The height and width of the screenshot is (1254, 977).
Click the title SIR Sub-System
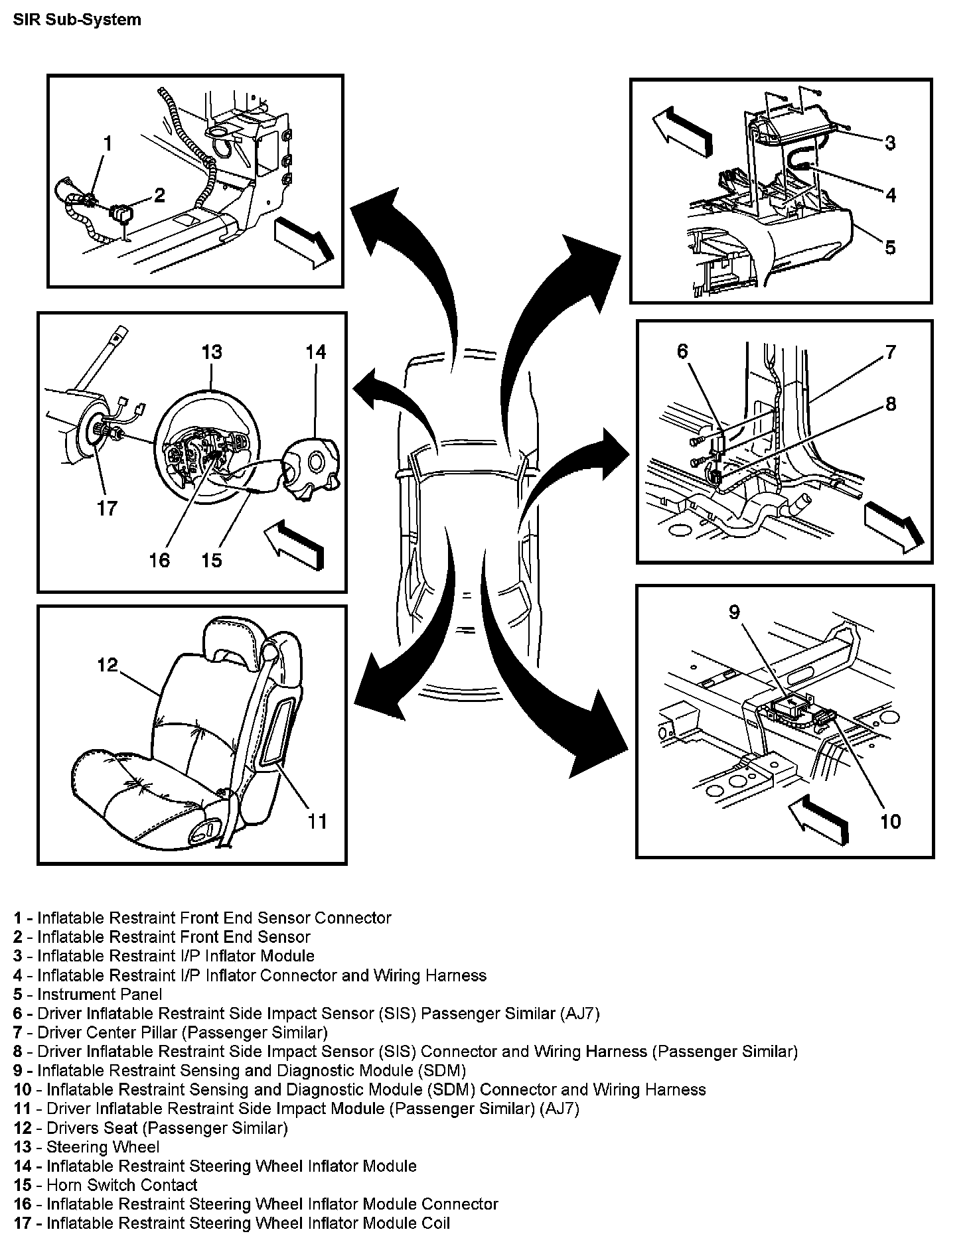click(x=77, y=19)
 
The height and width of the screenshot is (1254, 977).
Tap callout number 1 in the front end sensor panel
click(x=108, y=143)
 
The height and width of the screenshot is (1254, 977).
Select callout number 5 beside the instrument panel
click(x=890, y=247)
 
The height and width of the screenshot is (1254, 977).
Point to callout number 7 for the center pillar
click(x=890, y=352)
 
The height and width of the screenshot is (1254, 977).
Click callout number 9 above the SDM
click(x=734, y=611)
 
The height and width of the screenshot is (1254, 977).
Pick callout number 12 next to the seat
click(x=108, y=664)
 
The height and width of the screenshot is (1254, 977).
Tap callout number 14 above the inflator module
click(x=316, y=352)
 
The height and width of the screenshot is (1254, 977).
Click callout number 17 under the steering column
click(x=107, y=508)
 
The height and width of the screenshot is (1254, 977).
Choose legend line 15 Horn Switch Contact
click(x=106, y=1185)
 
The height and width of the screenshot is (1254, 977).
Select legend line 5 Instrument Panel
click(x=88, y=994)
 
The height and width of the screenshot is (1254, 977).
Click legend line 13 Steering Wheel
click(x=87, y=1147)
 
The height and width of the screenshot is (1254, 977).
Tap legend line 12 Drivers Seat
click(x=151, y=1127)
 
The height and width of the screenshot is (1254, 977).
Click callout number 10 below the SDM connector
click(x=890, y=821)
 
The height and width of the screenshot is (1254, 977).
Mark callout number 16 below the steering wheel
click(x=159, y=560)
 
